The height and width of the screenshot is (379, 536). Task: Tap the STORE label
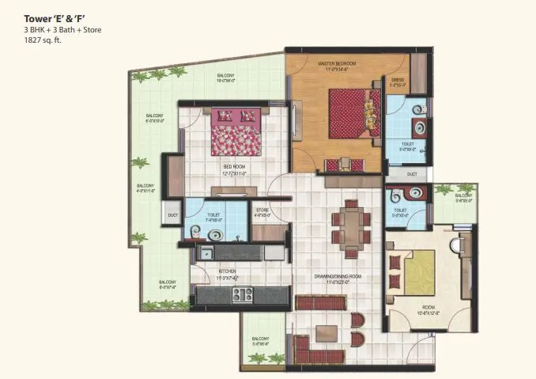click(x=262, y=210)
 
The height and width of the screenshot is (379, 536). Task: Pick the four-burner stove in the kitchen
click(x=242, y=295)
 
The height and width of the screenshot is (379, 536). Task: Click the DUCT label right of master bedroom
click(x=412, y=174)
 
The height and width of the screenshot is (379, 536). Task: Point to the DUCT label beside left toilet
click(x=172, y=215)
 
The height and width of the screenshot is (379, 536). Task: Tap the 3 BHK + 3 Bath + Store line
click(x=62, y=29)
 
